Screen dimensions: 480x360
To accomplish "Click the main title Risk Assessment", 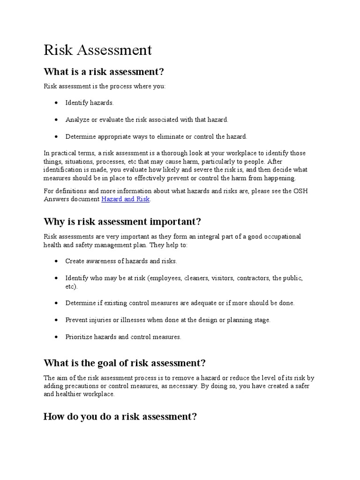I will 97,50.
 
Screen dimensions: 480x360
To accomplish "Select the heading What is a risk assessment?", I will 104,72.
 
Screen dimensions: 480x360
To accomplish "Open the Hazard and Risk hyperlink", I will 125,199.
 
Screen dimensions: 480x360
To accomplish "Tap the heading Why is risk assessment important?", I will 122,221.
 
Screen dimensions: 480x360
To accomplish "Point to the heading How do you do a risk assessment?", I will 120,417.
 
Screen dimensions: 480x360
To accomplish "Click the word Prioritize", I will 80,337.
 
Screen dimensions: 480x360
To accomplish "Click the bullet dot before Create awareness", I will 56,261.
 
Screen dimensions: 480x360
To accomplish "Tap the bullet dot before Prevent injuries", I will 56,320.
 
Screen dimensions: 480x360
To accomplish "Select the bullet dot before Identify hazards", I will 56,103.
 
